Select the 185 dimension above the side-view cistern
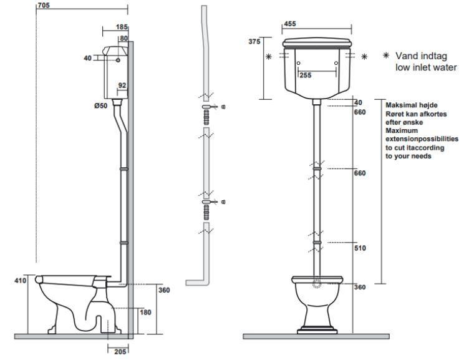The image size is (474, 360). point(122,27)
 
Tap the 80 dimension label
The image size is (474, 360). point(123,39)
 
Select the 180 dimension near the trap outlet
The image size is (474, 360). point(145,313)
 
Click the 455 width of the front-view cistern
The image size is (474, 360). point(289,24)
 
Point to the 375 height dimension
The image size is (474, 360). point(254,42)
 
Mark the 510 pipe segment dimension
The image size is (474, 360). point(359,248)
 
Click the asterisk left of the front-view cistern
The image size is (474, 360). point(269,57)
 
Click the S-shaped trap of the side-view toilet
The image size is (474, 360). point(97,311)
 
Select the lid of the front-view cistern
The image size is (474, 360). point(319,43)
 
